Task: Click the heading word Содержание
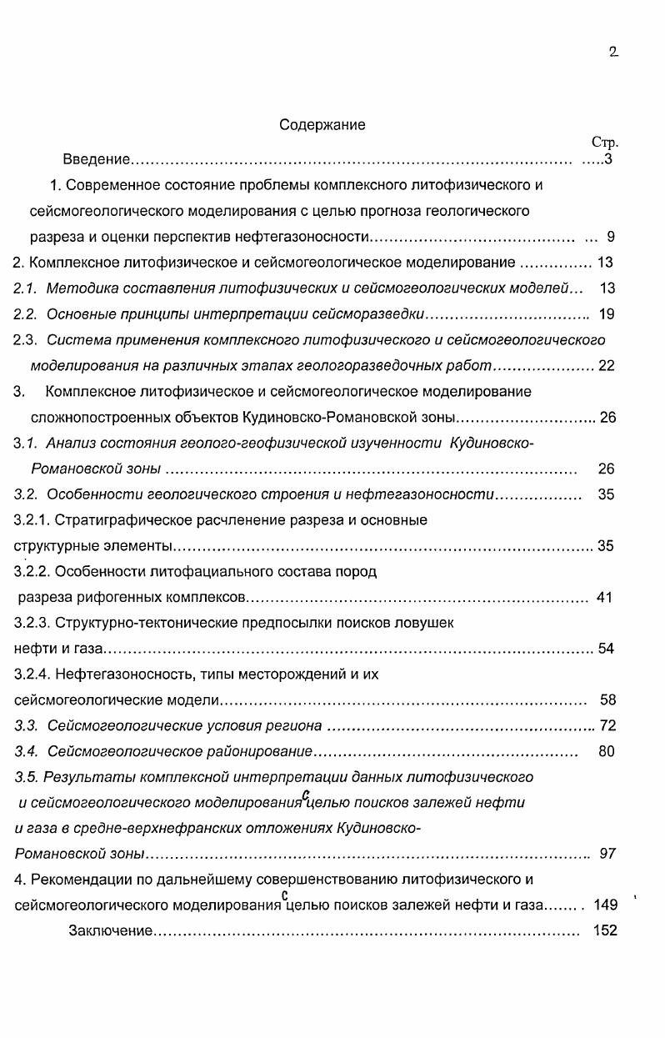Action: pos(322,126)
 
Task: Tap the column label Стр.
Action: pos(604,143)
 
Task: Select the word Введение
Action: pos(97,159)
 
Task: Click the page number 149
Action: pos(606,905)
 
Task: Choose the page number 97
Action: pos(607,854)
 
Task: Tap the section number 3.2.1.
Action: pos(32,520)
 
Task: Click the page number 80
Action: pos(607,751)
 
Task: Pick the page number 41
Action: pos(605,597)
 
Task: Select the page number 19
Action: pos(607,314)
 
